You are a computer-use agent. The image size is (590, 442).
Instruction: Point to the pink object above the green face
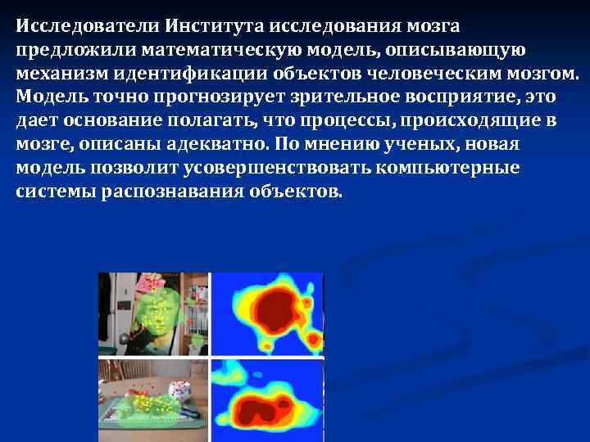tap(151, 282)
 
